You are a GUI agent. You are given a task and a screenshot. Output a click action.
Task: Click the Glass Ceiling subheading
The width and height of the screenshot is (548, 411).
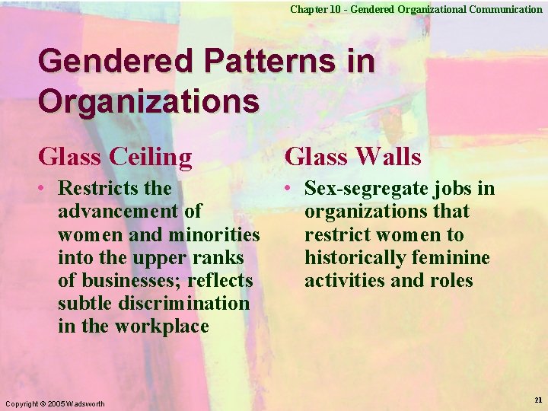click(x=115, y=158)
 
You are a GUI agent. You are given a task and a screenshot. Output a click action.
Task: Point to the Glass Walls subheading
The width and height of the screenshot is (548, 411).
click(x=352, y=158)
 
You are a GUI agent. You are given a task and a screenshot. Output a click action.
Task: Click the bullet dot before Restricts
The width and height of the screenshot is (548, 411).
click(x=46, y=188)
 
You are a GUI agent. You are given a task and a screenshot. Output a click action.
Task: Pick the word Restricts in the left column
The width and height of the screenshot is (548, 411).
click(x=97, y=187)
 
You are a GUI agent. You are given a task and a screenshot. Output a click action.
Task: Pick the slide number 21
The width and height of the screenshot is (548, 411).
click(x=538, y=400)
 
